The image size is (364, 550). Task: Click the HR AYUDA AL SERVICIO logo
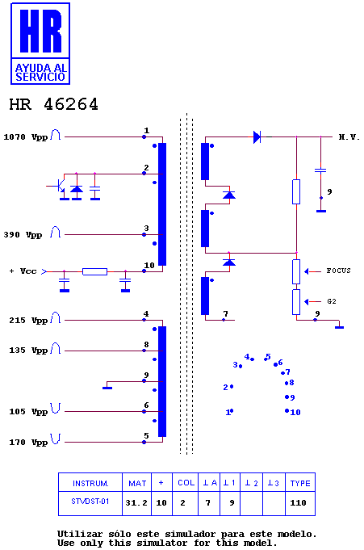tap(40, 44)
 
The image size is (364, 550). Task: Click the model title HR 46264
tap(53, 104)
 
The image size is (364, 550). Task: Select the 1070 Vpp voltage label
tap(25, 137)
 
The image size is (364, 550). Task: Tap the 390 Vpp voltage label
tap(23, 235)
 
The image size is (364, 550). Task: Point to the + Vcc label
tap(23, 271)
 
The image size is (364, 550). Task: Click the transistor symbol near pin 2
tap(60, 186)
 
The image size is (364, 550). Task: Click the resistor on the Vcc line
tap(94, 271)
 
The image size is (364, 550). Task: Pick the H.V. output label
tap(349, 137)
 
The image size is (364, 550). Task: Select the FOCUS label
tap(338, 271)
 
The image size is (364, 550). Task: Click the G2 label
tap(332, 301)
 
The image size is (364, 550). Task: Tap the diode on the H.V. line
tap(257, 136)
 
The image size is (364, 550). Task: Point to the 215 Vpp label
tap(28, 321)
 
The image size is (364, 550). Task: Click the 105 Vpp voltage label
tap(28, 412)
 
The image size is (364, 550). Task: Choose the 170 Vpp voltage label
tap(28, 443)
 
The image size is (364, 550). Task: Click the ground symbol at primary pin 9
tap(107, 387)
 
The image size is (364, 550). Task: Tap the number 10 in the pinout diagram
tap(295, 413)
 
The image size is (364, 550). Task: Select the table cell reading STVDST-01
tap(90, 502)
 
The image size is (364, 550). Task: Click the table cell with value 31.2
tap(136, 503)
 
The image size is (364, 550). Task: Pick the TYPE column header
tap(300, 483)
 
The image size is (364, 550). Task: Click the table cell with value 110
tap(298, 503)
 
